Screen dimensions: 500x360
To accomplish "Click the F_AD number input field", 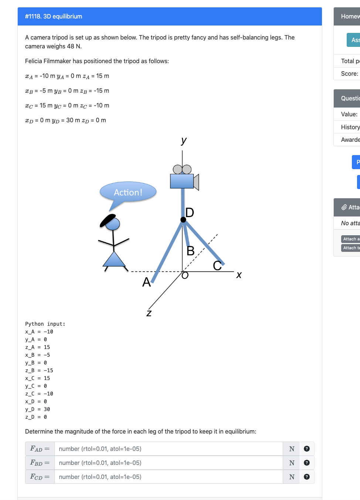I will click(168, 449).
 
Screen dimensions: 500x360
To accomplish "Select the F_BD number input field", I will click(168, 463).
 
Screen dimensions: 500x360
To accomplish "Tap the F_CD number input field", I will click(168, 477).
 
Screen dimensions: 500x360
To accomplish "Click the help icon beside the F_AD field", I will click(306, 449).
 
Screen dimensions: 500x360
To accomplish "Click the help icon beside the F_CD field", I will click(306, 477).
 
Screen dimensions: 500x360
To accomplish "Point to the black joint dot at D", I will click(183, 220).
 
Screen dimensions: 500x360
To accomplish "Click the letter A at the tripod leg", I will click(146, 282).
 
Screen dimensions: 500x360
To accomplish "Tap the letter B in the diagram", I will click(190, 251).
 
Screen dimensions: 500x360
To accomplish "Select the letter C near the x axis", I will click(217, 266).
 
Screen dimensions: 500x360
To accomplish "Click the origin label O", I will click(185, 275).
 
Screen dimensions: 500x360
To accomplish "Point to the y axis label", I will click(184, 140).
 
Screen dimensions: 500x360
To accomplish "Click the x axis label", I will click(239, 275).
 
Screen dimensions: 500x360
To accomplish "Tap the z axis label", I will click(149, 313).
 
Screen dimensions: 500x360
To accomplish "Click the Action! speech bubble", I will click(128, 192).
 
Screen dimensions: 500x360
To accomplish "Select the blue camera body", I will click(182, 181).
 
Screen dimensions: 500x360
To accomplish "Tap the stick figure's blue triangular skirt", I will click(115, 260).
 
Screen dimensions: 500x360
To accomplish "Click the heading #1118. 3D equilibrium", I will click(54, 16).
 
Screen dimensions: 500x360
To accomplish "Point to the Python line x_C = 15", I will click(37, 378).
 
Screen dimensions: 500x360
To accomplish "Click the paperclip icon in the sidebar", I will click(344, 207).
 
